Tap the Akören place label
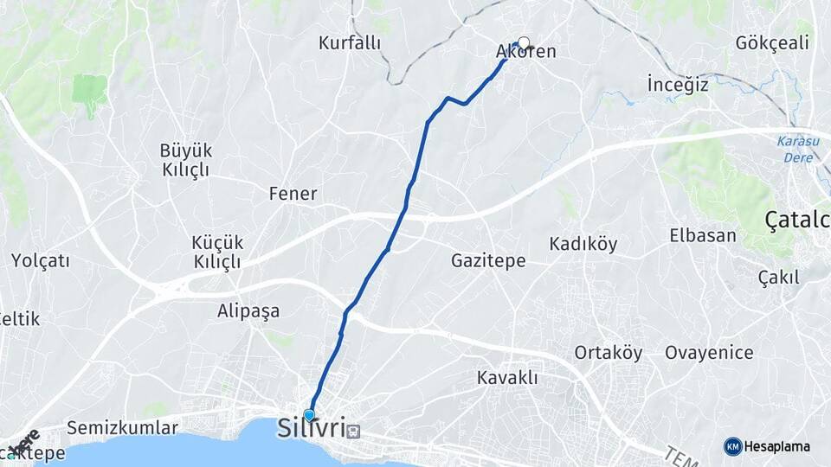(525, 53)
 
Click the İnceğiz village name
(678, 84)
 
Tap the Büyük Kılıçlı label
(186, 160)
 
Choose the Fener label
(293, 194)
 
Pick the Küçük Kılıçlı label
(216, 252)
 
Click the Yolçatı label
(41, 260)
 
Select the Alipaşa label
(248, 311)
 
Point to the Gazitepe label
(488, 260)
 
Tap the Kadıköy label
(583, 244)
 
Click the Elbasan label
(703, 235)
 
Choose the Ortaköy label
(609, 353)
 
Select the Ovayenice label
(709, 353)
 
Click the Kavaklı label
(507, 378)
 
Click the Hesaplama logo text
(776, 446)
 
